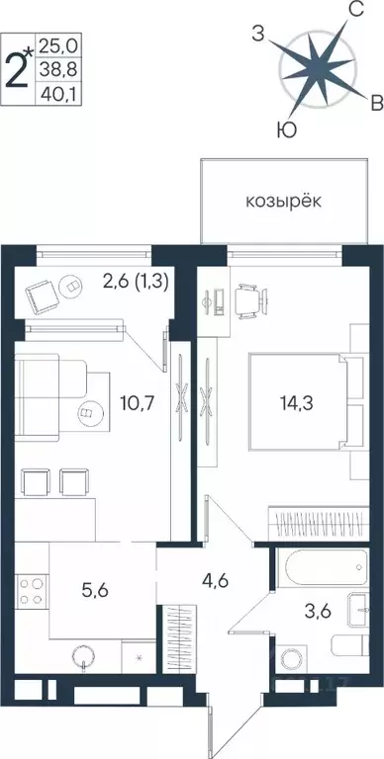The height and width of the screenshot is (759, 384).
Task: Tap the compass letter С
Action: click(354, 15)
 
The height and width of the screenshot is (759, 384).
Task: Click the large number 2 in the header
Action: click(18, 46)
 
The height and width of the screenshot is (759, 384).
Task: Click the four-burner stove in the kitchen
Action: click(31, 591)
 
